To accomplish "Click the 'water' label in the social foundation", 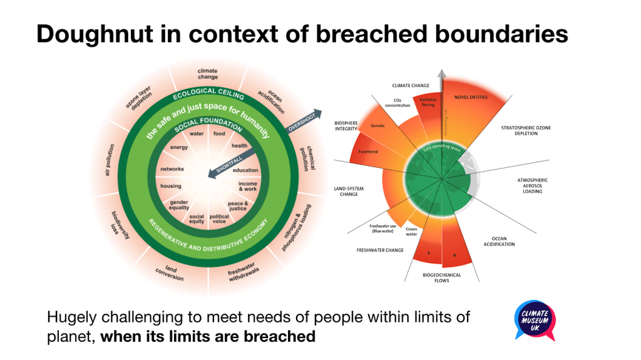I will click(197, 133).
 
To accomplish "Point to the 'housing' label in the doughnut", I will click(170, 186).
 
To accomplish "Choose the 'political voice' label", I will click(220, 219).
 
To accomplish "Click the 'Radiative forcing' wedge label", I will click(429, 102).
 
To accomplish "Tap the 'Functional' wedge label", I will click(367, 152).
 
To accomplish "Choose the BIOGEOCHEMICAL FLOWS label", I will click(443, 277).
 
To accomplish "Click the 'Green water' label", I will click(412, 232).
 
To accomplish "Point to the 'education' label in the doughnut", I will click(245, 170).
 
